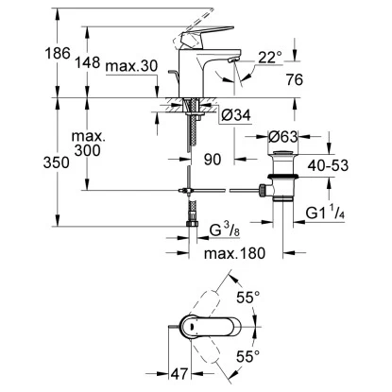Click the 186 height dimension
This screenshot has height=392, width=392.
click(x=58, y=53)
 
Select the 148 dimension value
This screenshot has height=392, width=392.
click(x=87, y=62)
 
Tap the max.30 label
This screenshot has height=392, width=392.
click(x=131, y=66)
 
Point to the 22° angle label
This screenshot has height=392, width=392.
click(x=270, y=58)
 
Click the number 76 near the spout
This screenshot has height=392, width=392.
click(x=295, y=79)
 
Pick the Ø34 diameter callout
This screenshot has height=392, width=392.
click(x=236, y=115)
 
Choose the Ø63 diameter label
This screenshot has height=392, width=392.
click(x=282, y=137)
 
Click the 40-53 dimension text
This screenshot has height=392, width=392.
click(x=328, y=165)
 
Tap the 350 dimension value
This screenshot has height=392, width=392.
click(x=56, y=162)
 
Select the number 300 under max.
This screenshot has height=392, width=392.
click(x=87, y=150)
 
